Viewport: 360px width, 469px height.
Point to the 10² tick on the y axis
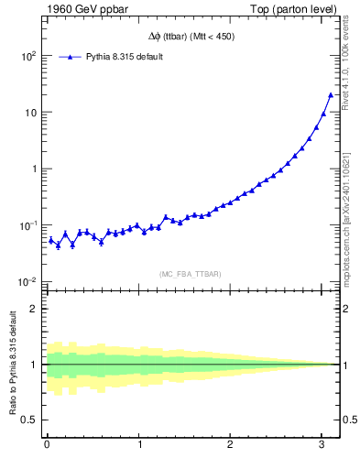pyautogui.click(x=28, y=56)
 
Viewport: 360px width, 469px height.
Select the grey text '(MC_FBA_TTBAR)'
pyautogui.click(x=191, y=274)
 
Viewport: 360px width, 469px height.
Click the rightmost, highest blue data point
pyautogui.click(x=331, y=94)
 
